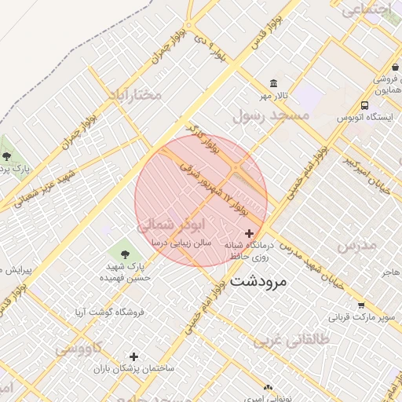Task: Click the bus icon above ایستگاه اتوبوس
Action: (x=364, y=105)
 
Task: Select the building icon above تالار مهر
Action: (x=273, y=83)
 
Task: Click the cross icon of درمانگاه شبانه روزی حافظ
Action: (x=250, y=233)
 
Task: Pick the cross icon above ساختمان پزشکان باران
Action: (x=133, y=356)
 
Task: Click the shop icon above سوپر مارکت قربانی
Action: (x=360, y=305)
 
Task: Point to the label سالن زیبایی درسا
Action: (x=182, y=244)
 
